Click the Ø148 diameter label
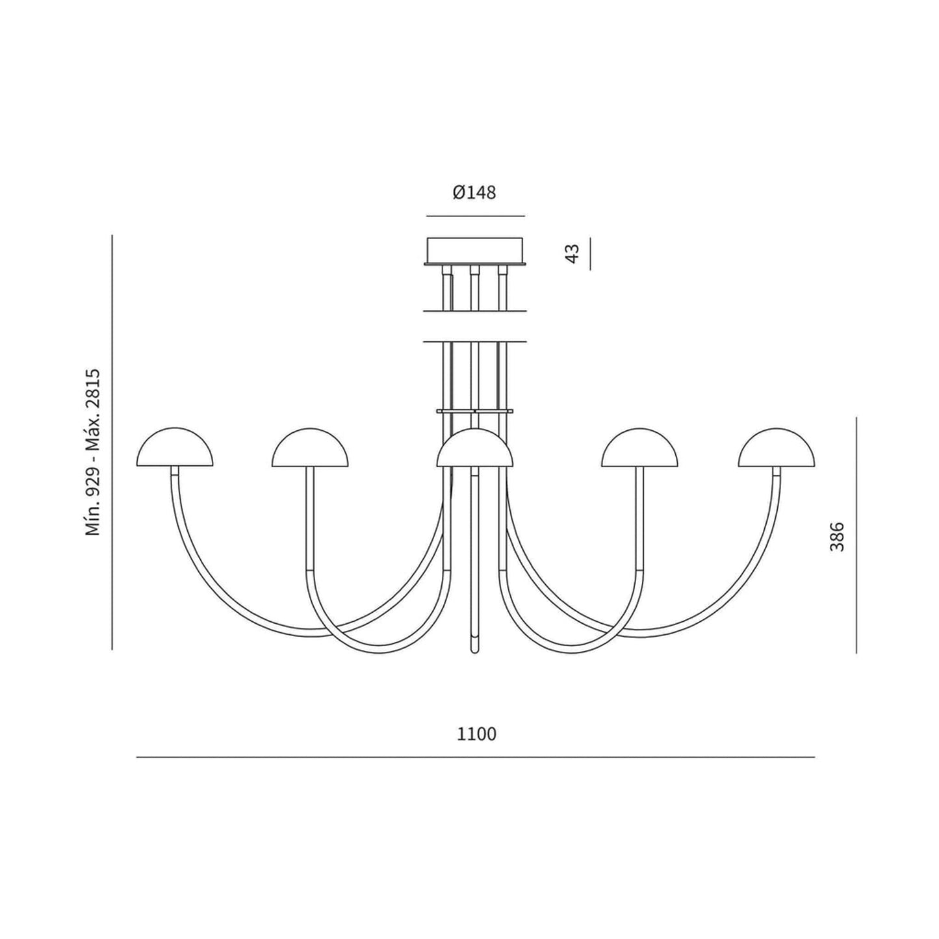[x=474, y=193]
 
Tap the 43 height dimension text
[x=574, y=253]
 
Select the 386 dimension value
[x=836, y=537]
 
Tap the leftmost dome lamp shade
[x=174, y=447]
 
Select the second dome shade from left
[x=310, y=447]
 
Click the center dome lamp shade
[x=474, y=447]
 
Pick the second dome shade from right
[x=640, y=447]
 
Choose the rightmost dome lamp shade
[x=777, y=447]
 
